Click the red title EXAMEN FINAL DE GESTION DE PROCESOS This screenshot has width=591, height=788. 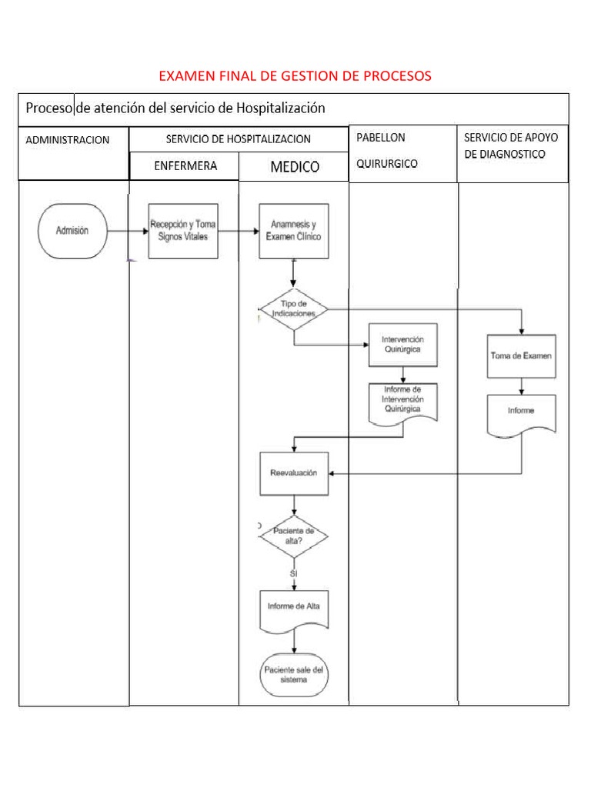coord(295,75)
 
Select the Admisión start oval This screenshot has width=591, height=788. coord(72,230)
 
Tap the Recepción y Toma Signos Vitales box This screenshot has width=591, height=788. coord(182,231)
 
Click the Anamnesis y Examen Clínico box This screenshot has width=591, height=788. coord(293,231)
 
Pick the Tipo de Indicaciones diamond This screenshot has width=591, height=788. coord(293,309)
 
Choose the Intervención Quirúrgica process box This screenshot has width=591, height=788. coord(403,344)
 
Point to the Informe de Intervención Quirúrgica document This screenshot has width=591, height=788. coord(403,402)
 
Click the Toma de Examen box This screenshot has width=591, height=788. coord(521,356)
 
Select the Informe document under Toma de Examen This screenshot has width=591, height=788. coord(521,414)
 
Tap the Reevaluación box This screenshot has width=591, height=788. coord(293,473)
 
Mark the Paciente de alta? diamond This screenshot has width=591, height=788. coord(293,536)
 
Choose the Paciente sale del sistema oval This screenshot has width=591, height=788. coord(294,675)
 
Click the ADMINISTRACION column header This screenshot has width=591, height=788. coord(68,140)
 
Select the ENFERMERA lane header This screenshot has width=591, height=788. coord(185,165)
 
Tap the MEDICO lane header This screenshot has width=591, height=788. coord(294,167)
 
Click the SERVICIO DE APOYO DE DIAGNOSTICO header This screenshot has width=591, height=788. coord(511,145)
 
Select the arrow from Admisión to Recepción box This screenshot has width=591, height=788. coord(128,230)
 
